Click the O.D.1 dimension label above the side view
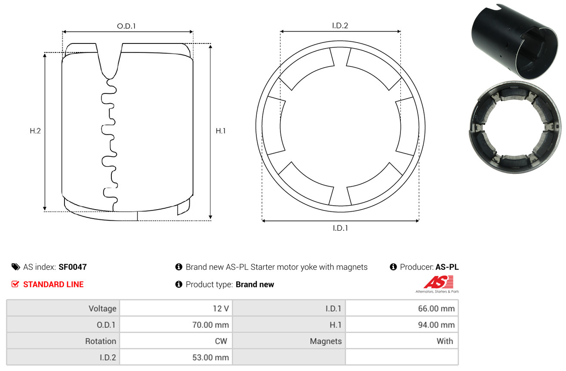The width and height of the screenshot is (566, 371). click(x=126, y=26)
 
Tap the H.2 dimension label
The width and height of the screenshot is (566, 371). click(x=35, y=131)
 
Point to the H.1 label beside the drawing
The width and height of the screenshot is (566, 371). click(x=221, y=131)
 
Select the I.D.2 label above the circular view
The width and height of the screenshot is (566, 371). click(x=340, y=25)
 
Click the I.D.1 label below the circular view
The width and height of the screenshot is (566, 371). click(x=340, y=228)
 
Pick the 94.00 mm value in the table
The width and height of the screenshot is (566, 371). click(x=436, y=325)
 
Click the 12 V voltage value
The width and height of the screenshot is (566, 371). click(x=221, y=309)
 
